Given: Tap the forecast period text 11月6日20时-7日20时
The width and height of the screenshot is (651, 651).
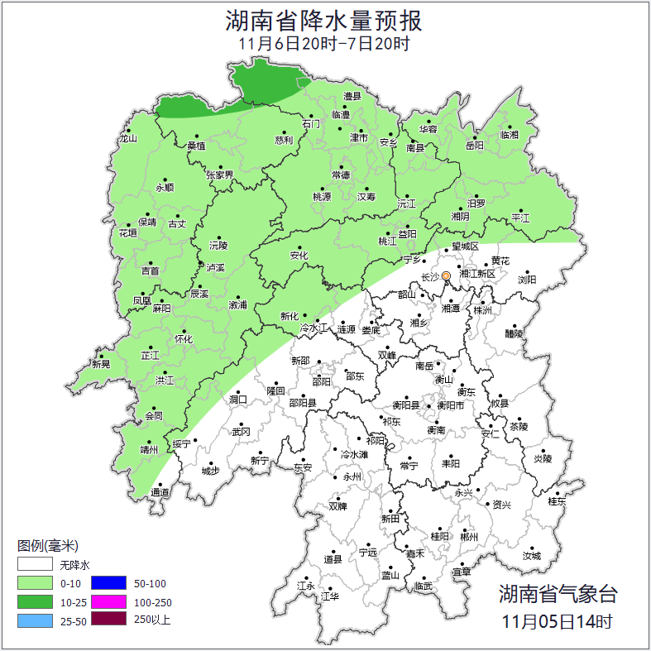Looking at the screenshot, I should [323, 44].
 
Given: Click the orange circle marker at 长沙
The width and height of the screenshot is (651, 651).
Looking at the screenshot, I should [446, 275].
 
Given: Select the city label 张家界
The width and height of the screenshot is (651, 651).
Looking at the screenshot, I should [220, 175].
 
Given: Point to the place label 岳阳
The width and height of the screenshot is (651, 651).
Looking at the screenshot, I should [474, 146].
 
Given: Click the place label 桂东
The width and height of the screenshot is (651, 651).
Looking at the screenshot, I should [557, 501].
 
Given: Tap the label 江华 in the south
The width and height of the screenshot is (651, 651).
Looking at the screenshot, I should [330, 596].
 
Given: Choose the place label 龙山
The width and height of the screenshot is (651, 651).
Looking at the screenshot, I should [127, 139].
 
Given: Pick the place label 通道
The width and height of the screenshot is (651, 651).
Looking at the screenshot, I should [159, 493].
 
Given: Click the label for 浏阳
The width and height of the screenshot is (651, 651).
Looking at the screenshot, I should [527, 280].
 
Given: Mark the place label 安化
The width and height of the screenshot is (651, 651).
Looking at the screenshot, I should [299, 256].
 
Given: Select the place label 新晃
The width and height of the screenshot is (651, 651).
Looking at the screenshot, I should [100, 364].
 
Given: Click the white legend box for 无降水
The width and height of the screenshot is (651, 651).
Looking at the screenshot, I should [36, 565].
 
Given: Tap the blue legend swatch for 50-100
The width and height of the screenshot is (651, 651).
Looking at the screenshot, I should [108, 583].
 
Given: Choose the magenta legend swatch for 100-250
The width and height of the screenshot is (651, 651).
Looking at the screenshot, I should [108, 601].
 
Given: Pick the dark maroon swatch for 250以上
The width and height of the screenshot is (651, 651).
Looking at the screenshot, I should [108, 619].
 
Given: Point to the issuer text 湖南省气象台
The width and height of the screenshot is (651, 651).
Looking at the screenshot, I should [558, 594].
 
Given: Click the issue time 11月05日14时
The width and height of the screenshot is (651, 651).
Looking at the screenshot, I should [558, 620].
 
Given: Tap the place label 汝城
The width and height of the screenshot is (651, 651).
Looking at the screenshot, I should [531, 556].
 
